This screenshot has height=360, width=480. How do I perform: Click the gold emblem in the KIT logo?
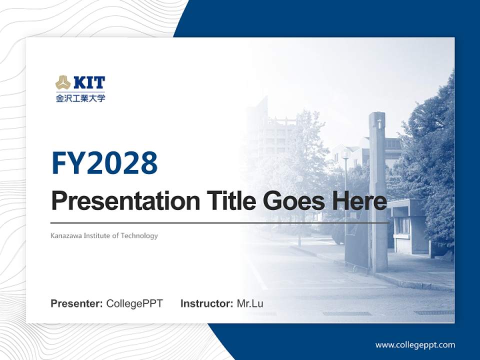click(x=63, y=82)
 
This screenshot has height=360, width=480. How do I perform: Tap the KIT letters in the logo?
click(x=89, y=82)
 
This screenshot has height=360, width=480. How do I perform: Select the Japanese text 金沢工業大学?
click(x=80, y=98)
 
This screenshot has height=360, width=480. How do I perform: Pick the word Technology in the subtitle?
click(x=139, y=235)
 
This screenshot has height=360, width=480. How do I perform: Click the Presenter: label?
click(x=76, y=303)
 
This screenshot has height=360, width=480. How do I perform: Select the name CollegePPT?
click(x=134, y=303)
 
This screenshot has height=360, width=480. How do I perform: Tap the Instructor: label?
click(x=206, y=303)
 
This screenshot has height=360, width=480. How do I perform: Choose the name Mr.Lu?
click(x=250, y=303)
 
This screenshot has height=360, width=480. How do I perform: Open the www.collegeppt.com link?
click(x=415, y=344)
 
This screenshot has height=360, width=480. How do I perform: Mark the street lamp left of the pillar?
click(x=344, y=190)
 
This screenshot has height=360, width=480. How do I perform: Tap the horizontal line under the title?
click(x=219, y=222)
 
